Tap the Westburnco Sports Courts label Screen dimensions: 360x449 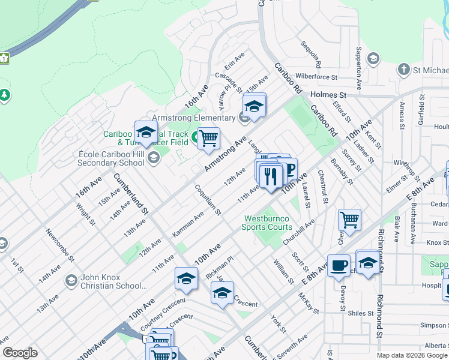click(267, 223)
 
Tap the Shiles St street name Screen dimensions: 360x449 click(360, 312)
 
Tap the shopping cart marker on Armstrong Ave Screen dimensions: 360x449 click(208, 138)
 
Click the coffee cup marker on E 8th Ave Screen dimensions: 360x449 click(339, 265)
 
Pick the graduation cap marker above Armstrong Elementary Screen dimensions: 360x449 click(255, 107)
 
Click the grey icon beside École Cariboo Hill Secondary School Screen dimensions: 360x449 click(153, 158)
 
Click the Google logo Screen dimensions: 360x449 click(20, 353)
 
